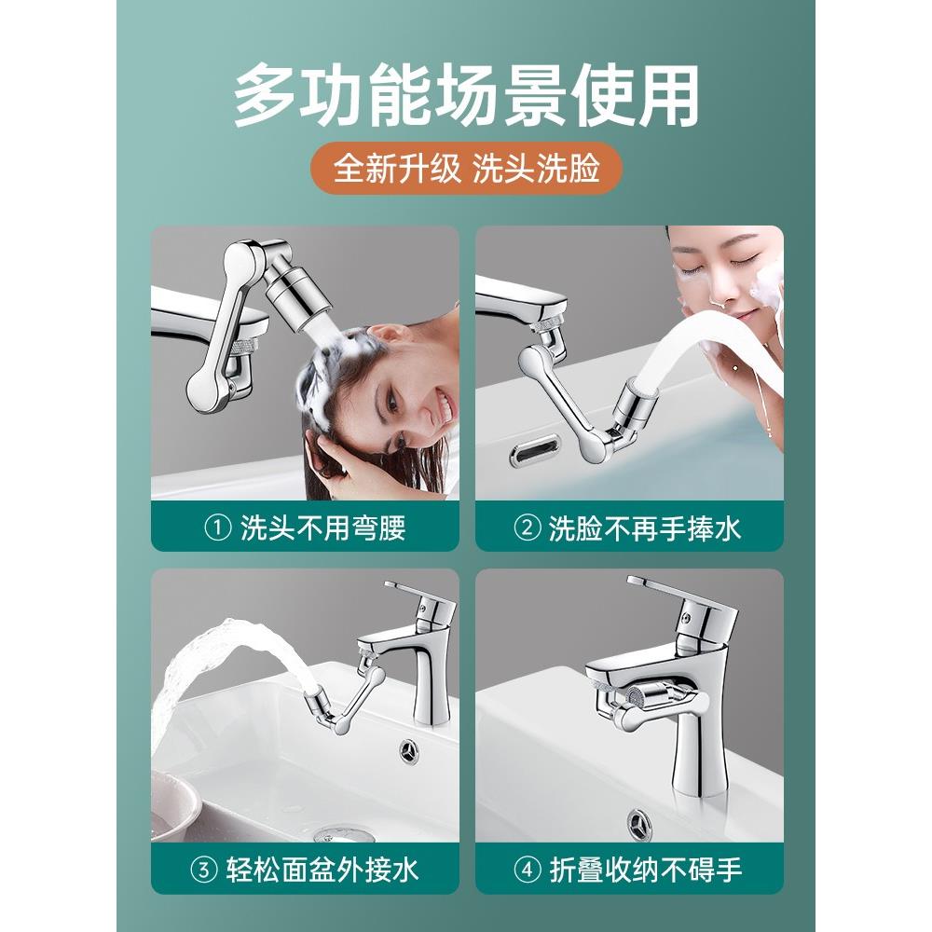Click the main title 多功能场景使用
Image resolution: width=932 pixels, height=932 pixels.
point(466,97)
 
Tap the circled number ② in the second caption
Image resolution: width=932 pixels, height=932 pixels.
point(527,528)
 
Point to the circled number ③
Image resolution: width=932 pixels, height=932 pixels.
point(202,870)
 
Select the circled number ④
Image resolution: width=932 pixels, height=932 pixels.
point(527,870)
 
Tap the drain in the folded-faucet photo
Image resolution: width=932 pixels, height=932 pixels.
point(639,824)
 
